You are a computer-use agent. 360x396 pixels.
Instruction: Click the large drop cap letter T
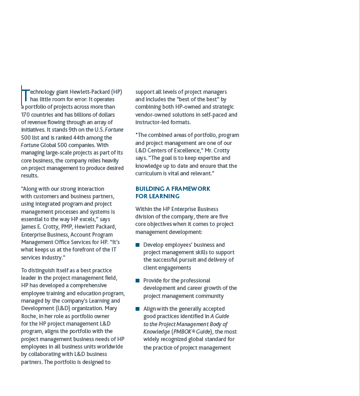pyautogui.click(x=25, y=95)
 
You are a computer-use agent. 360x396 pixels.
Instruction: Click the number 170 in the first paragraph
pyautogui.click(x=26, y=115)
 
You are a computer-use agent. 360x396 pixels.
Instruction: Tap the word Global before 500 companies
pyautogui.click(x=50, y=145)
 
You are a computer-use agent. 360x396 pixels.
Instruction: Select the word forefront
pyautogui.click(x=86, y=250)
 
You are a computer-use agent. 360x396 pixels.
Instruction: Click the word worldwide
pyautogui.click(x=111, y=346)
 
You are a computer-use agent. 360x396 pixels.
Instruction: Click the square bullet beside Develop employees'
pyautogui.click(x=138, y=245)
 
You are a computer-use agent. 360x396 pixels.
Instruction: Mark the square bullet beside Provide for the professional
pyautogui.click(x=138, y=280)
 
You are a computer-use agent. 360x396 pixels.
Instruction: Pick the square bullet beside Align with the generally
pyautogui.click(x=138, y=309)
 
